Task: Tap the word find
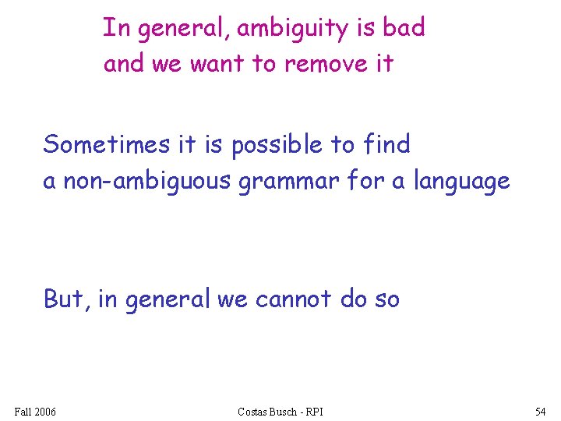386,144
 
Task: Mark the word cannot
295,299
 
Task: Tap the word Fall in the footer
23,411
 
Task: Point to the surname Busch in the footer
285,411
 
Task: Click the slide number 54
540,411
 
